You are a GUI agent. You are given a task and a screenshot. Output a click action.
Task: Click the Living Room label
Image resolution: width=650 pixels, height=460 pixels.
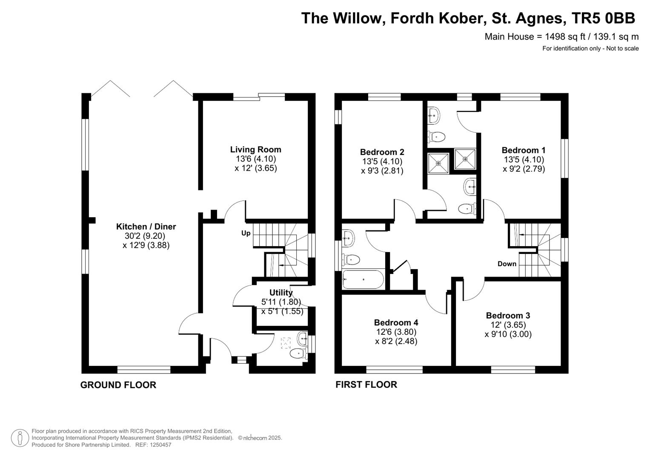click(256, 149)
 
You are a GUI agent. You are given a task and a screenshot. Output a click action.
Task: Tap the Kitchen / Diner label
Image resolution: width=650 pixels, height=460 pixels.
click(146, 227)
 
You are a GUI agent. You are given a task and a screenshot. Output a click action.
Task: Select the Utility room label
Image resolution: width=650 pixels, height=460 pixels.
click(281, 293)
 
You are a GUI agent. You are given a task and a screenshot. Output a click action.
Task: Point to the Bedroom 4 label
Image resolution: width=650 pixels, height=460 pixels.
click(396, 322)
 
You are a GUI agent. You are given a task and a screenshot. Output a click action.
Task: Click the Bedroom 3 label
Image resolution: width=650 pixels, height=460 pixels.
click(508, 315)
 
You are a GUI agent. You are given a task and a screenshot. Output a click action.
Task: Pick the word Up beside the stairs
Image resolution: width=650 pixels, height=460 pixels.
click(246, 233)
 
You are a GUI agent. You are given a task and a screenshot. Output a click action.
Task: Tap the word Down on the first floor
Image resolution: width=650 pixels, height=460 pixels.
click(507, 264)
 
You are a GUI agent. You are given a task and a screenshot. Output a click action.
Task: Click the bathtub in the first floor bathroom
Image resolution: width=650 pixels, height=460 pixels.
click(363, 279)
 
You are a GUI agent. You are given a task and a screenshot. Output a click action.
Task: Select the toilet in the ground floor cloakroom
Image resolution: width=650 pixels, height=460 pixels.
click(298, 354)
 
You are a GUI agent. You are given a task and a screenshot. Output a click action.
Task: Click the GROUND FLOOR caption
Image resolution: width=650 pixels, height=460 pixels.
click(118, 385)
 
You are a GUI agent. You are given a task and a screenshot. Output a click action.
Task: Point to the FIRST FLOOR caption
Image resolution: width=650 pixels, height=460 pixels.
click(366, 385)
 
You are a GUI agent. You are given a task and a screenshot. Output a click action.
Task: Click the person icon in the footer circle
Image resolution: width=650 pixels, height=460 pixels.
click(20, 438)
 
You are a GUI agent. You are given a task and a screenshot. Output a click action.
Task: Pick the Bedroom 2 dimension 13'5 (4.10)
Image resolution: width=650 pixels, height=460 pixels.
click(382, 161)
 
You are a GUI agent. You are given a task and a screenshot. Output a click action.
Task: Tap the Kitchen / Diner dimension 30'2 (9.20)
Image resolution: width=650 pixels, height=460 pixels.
click(145, 236)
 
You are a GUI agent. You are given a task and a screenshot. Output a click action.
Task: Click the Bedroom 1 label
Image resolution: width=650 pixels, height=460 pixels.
click(524, 150)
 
